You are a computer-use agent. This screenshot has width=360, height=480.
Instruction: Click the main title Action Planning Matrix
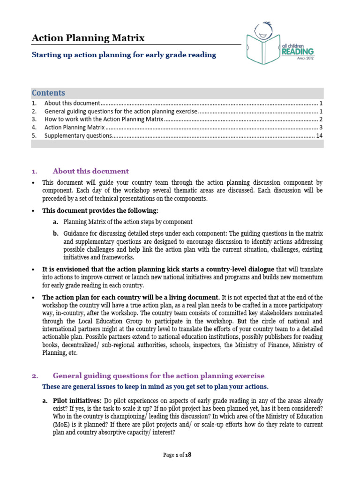click(x=88, y=38)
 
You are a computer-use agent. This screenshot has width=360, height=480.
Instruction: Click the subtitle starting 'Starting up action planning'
click(x=124, y=55)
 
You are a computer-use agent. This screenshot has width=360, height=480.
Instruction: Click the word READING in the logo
click(x=298, y=52)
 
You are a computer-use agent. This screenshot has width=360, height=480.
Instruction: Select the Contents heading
click(x=48, y=93)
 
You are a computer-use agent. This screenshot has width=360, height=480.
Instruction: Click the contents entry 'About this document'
click(x=72, y=103)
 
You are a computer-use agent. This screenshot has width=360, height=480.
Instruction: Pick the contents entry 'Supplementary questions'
click(x=78, y=136)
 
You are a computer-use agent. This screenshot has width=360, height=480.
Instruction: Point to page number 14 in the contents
click(x=319, y=136)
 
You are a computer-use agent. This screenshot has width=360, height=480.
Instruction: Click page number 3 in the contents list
click(x=321, y=127)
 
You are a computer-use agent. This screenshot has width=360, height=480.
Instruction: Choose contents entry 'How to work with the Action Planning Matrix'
click(x=104, y=120)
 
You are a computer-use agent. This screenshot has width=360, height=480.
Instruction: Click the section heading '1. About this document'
click(x=90, y=171)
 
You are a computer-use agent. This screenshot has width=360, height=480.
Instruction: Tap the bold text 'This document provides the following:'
click(x=100, y=210)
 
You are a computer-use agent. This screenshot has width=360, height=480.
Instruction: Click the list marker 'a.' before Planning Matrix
click(x=55, y=222)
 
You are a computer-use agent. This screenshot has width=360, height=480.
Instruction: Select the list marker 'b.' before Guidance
click(x=55, y=233)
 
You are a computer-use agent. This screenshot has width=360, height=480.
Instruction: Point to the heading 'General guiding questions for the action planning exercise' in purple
click(x=158, y=376)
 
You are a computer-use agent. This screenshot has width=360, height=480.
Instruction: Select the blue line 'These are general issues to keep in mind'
click(x=155, y=387)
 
